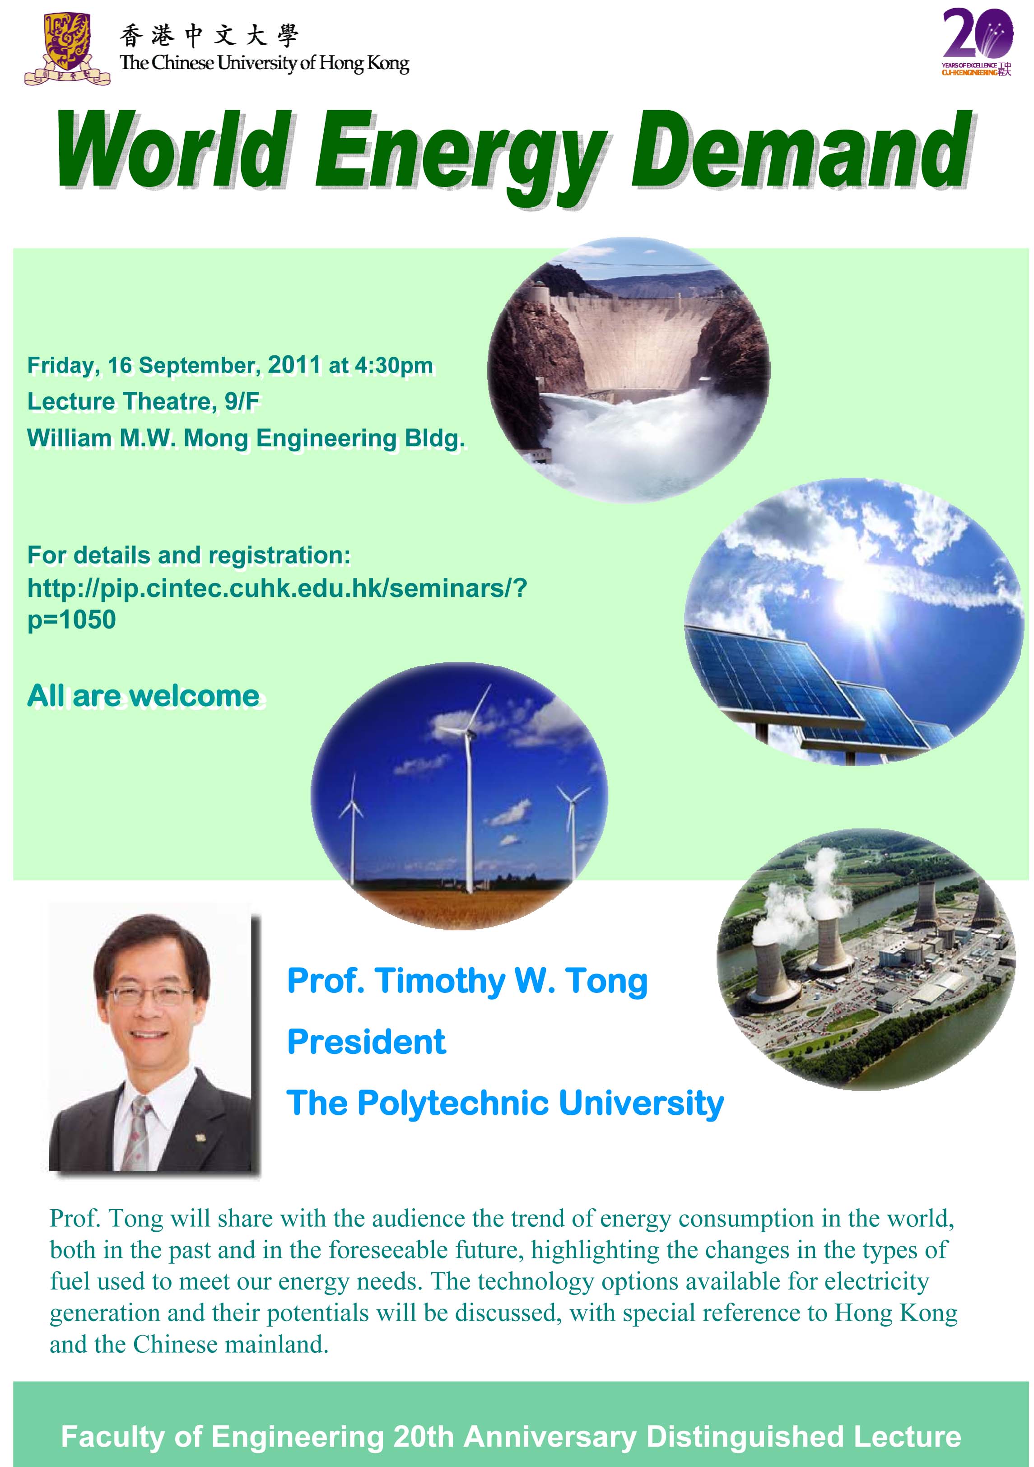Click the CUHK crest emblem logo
[67, 49]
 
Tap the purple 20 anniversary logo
[977, 42]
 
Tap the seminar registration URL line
[277, 588]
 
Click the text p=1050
[72, 620]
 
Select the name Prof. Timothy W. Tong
[467, 982]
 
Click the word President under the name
[366, 1042]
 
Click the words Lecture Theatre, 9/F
[143, 401]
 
